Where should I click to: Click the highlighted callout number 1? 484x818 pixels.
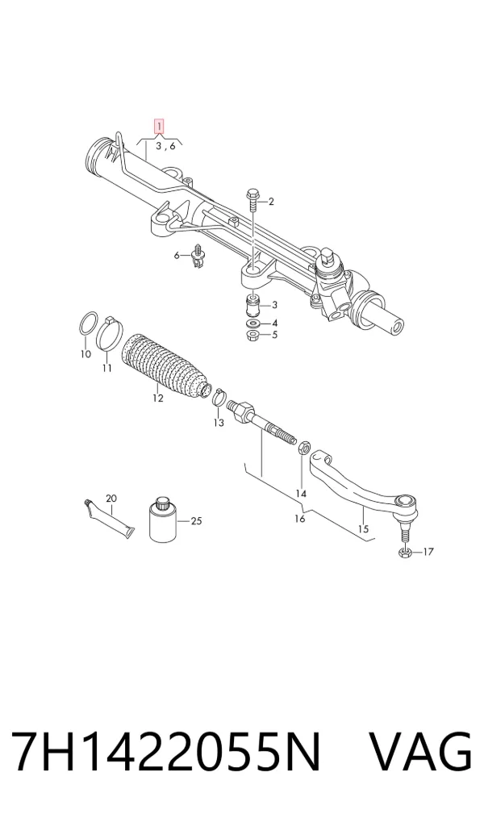pyautogui.click(x=158, y=127)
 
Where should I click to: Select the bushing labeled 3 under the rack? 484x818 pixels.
pyautogui.click(x=253, y=305)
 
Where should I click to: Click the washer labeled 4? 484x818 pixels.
pyautogui.click(x=253, y=324)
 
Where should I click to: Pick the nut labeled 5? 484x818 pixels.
pyautogui.click(x=253, y=335)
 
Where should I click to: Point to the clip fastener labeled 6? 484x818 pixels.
pyautogui.click(x=198, y=256)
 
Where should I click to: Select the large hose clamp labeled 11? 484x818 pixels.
pyautogui.click(x=109, y=334)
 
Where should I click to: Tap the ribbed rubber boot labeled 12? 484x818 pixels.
pyautogui.click(x=166, y=365)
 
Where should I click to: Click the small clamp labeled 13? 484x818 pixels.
pyautogui.click(x=219, y=398)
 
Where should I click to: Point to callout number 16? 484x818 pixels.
pyautogui.click(x=299, y=519)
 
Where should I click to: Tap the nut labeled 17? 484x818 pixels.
pyautogui.click(x=407, y=552)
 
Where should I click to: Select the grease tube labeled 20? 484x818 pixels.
pyautogui.click(x=109, y=521)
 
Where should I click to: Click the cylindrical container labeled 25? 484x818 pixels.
pyautogui.click(x=162, y=520)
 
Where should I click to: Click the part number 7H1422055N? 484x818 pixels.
pyautogui.click(x=165, y=751)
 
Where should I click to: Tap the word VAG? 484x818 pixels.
pyautogui.click(x=420, y=751)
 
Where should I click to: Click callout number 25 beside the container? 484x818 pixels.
pyautogui.click(x=196, y=520)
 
